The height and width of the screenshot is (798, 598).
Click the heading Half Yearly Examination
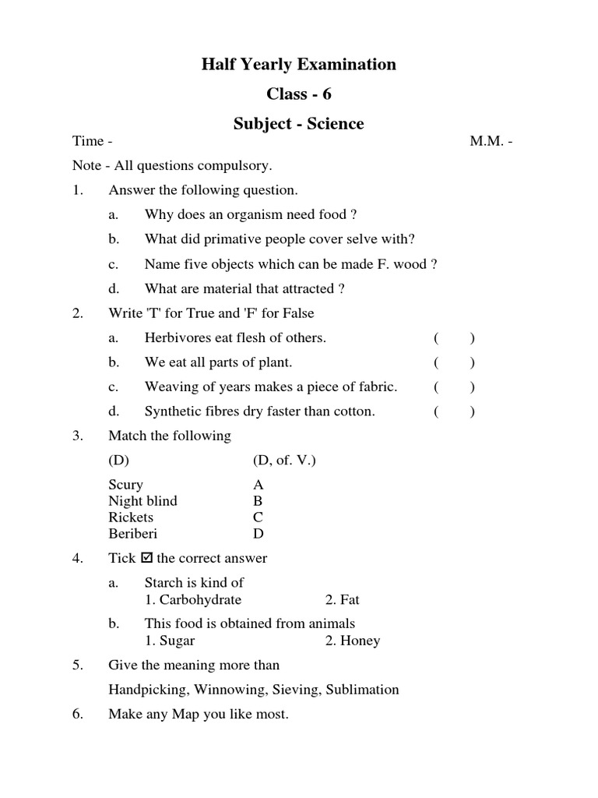[x=299, y=65]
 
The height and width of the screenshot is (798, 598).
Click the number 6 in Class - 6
[x=327, y=94]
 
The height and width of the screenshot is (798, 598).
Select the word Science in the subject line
[x=333, y=124]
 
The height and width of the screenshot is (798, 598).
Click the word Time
[x=88, y=141]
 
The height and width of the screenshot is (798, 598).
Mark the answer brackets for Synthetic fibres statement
[x=455, y=411]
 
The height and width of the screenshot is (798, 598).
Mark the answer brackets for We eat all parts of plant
[x=455, y=362]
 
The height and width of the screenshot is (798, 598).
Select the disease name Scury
[x=126, y=485]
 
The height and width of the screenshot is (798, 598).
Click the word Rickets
[x=132, y=517]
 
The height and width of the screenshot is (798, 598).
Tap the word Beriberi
[x=133, y=534]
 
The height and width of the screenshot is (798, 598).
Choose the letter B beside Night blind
[x=258, y=501]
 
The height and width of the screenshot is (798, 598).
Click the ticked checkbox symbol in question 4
[x=146, y=558]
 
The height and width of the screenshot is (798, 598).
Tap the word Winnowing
[x=225, y=689]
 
